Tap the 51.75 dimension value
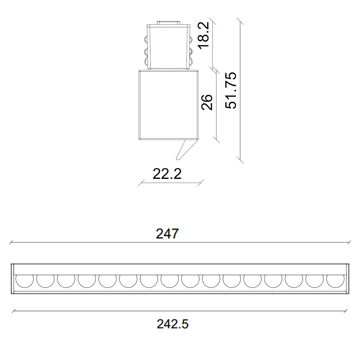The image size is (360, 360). pyautogui.click(x=231, y=90)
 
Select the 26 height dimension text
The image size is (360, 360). pyautogui.click(x=207, y=102)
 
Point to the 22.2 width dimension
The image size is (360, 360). pyautogui.click(x=167, y=174)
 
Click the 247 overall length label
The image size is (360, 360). pyautogui.click(x=167, y=234)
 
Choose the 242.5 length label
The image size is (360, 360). pyautogui.click(x=172, y=324)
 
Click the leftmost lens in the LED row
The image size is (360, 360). pyautogui.click(x=24, y=281)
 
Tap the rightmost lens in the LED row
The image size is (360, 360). pyautogui.click(x=336, y=281)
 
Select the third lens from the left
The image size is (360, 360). pyautogui.click(x=66, y=281)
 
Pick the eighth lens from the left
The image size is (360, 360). pyautogui.click(x=170, y=281)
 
